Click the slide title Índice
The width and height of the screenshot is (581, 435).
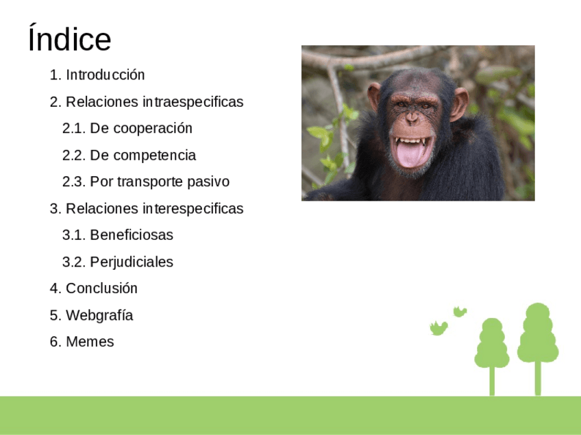coord(70,38)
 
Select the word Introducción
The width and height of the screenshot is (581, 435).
coord(106,75)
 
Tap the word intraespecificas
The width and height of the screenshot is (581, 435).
coord(193,102)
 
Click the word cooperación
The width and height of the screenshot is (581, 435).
coord(153,129)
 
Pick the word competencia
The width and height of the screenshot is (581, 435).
coord(155,156)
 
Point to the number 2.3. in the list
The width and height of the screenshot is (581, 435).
coord(74,182)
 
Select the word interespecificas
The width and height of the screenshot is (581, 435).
coord(193,209)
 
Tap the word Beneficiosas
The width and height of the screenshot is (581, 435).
coord(132,235)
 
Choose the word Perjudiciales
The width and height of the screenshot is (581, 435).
coord(132,262)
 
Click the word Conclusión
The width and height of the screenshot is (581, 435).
coord(101,288)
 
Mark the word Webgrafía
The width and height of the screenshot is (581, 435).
coord(99,315)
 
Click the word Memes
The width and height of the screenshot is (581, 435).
coord(90,342)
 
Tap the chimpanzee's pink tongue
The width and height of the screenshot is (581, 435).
coord(410,153)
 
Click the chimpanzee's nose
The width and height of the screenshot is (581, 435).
coord(411,117)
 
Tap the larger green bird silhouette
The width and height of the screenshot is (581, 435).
coord(438,328)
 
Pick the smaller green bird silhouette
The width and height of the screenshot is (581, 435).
coord(460,312)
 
